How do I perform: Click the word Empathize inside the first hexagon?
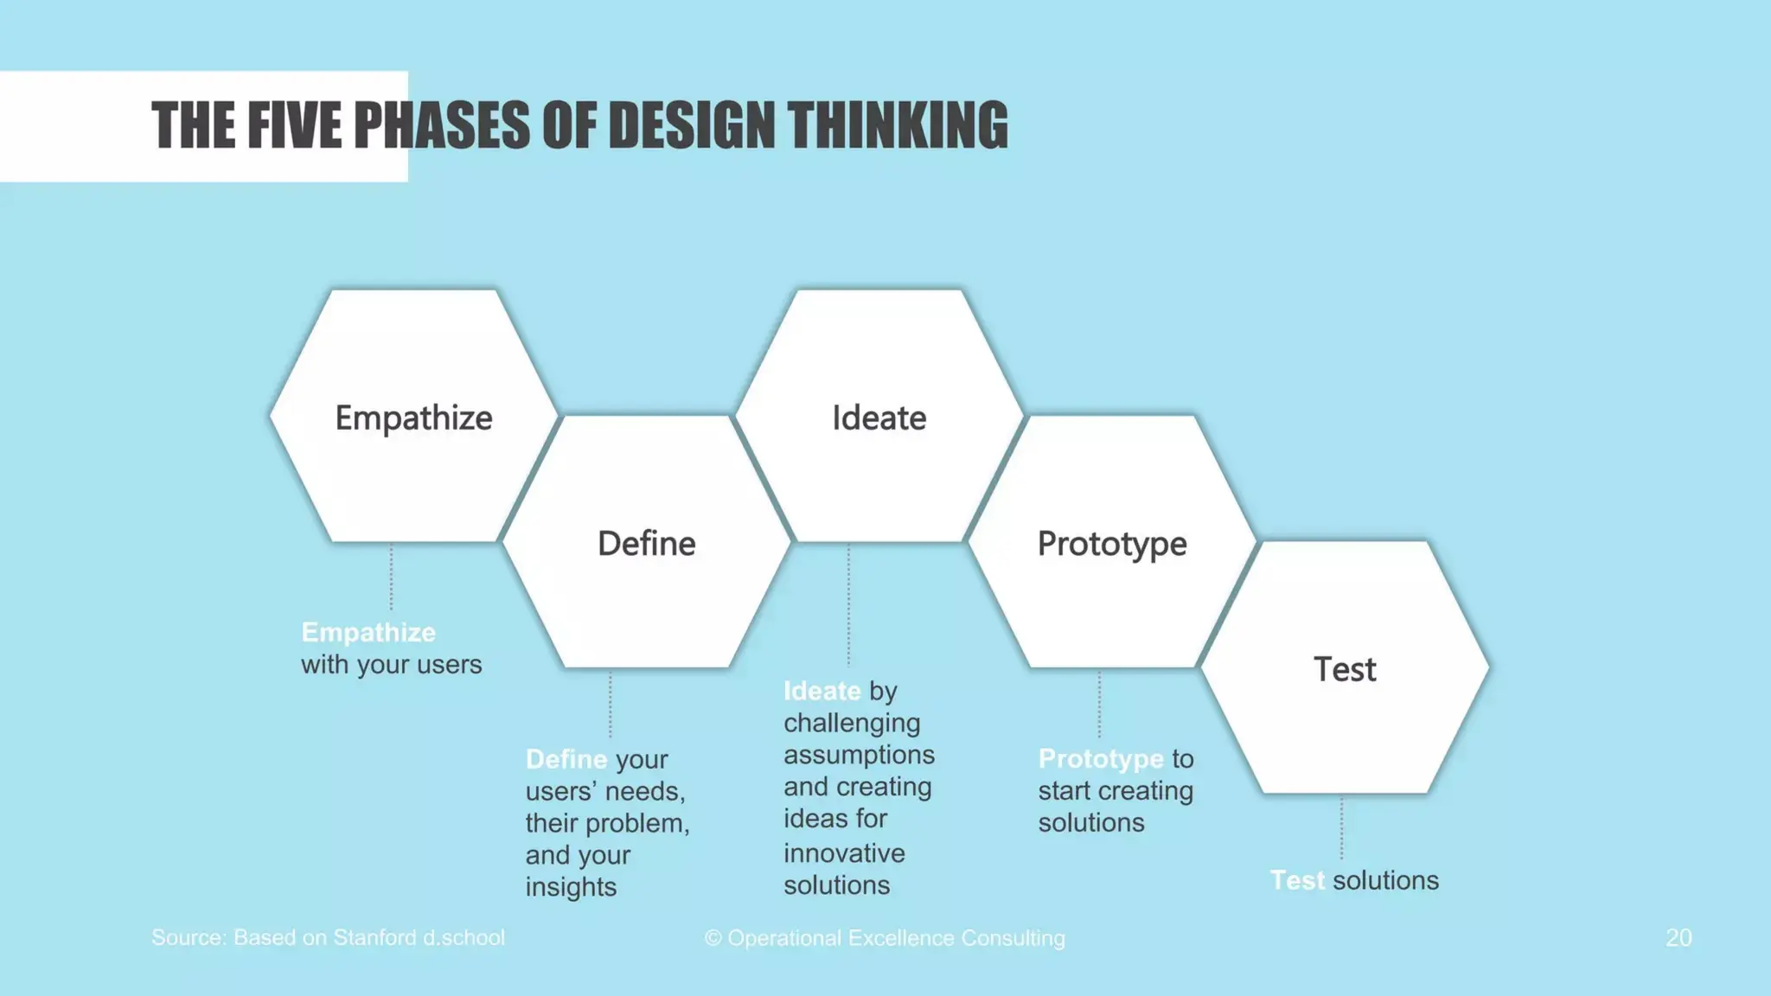[413, 418]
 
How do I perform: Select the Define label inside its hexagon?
[646, 544]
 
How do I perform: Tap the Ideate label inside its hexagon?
[879, 418]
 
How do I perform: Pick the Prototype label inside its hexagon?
[1112, 544]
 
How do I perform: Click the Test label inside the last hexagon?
[1345, 670]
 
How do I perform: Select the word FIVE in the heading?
[293, 125]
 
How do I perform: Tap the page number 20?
[1678, 938]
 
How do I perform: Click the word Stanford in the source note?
[374, 938]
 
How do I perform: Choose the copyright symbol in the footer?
[713, 939]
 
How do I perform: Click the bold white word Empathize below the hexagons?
[368, 633]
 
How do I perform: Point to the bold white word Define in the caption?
[566, 759]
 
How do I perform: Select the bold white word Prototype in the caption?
[1101, 759]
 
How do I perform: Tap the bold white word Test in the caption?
[1297, 881]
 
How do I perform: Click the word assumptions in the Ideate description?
[859, 755]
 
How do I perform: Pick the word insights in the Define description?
[571, 887]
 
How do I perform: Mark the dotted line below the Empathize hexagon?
[391, 578]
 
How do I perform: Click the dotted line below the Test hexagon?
[1341, 828]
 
